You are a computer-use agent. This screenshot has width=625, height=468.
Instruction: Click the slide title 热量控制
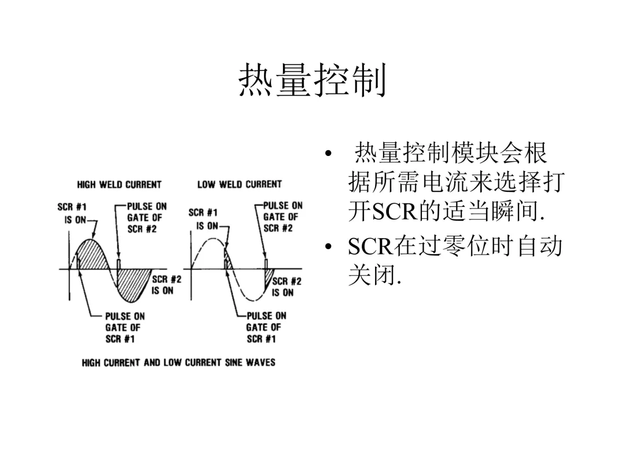click(x=312, y=81)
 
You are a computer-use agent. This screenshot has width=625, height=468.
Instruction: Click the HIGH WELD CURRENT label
click(x=119, y=184)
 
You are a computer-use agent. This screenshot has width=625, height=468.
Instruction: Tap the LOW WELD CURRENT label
click(x=240, y=184)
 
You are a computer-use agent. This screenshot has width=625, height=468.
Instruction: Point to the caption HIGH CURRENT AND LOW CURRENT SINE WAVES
click(x=178, y=362)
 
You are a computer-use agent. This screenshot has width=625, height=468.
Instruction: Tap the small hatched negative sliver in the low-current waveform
click(x=268, y=278)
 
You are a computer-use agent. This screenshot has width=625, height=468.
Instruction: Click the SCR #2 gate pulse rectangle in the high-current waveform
click(x=119, y=264)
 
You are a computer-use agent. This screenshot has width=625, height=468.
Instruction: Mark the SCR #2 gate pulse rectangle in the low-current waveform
click(x=266, y=264)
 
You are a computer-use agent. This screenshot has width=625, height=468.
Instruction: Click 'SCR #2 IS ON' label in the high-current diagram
click(x=166, y=284)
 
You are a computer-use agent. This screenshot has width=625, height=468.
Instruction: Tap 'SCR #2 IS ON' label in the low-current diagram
click(x=286, y=287)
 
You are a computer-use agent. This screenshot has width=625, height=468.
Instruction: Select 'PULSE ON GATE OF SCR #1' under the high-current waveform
click(x=125, y=328)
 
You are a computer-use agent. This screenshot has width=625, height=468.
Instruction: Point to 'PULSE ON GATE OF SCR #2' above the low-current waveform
click(x=282, y=217)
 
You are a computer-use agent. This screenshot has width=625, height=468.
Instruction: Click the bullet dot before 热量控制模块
click(x=329, y=155)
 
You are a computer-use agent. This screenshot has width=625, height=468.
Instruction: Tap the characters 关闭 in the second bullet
click(x=370, y=274)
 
